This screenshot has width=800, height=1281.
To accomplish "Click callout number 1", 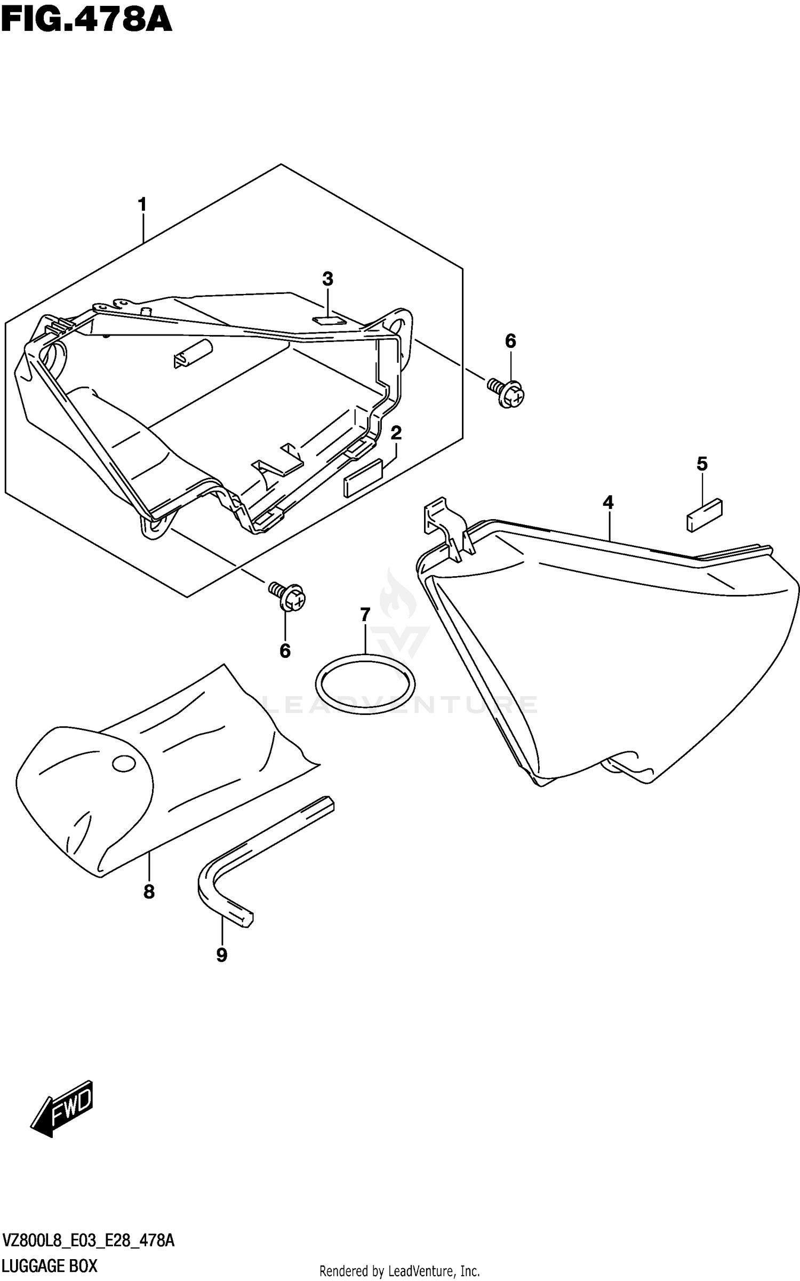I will (142, 204).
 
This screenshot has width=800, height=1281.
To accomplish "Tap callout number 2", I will (396, 433).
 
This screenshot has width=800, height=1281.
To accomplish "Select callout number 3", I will (327, 279).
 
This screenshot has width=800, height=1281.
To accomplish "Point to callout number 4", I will (608, 502).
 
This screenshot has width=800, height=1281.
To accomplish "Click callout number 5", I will (702, 464).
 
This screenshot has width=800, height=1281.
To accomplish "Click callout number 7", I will (365, 615).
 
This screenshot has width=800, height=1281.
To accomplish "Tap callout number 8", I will (149, 892).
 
